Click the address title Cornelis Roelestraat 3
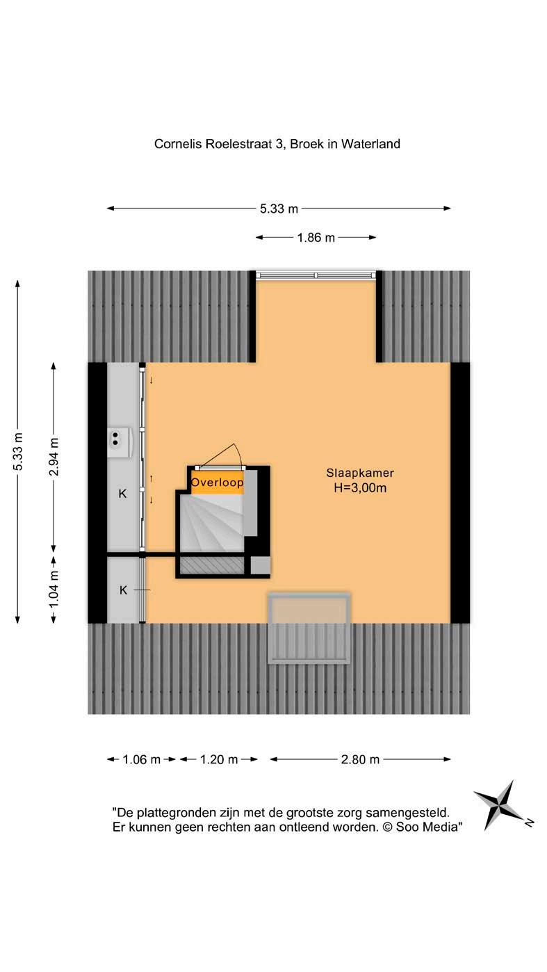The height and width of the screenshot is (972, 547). point(276,145)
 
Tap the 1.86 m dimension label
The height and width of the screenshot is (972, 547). point(316,238)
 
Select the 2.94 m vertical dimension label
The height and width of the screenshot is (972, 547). point(54,455)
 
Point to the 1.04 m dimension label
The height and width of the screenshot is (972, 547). point(54,590)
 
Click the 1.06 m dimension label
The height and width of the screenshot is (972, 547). point(141,759)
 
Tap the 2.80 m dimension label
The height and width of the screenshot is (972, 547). point(360,759)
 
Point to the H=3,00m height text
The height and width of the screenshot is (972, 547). point(360,488)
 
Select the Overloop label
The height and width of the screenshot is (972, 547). point(217,482)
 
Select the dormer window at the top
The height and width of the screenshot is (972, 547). point(316,275)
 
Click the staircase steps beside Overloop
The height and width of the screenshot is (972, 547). point(212,523)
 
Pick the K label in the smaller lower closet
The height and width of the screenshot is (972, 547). point(123,590)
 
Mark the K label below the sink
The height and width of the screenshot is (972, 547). point(122,494)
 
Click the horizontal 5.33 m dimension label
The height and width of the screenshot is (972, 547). point(279,208)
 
